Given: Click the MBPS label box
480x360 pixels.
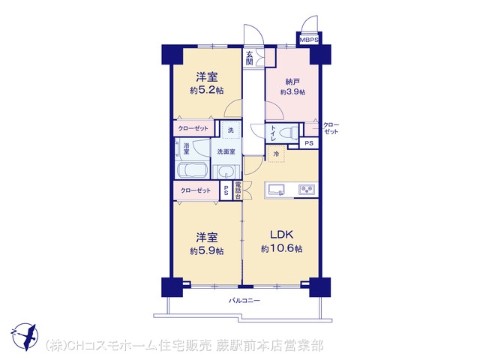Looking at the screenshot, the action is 309,40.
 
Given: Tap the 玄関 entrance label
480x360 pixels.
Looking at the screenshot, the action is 250,58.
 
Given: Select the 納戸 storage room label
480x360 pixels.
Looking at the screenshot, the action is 292,82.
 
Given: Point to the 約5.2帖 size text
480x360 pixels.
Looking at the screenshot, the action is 206,90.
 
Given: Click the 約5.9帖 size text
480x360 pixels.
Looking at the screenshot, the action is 206,251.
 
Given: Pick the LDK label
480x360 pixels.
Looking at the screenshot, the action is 282,235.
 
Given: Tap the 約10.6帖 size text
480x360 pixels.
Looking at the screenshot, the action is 282,248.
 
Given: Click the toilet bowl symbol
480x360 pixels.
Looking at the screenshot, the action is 289,133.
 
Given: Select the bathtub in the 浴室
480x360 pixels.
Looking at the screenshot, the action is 192,170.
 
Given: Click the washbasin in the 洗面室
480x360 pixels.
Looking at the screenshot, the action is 226,172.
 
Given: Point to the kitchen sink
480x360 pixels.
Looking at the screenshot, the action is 277,190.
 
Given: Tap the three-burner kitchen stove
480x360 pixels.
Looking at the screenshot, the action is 307,190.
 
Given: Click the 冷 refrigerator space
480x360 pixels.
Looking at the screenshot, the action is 276,154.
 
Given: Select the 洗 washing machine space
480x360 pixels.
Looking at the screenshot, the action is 230,130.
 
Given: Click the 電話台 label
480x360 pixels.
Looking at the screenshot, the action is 238,190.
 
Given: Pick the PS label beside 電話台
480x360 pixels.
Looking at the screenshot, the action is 226,190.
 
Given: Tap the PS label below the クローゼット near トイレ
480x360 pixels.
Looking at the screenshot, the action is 309,143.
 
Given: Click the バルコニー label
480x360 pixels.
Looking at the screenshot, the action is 244,301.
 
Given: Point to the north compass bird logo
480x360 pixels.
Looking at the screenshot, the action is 25,337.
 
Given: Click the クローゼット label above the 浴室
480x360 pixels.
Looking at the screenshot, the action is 193,128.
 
